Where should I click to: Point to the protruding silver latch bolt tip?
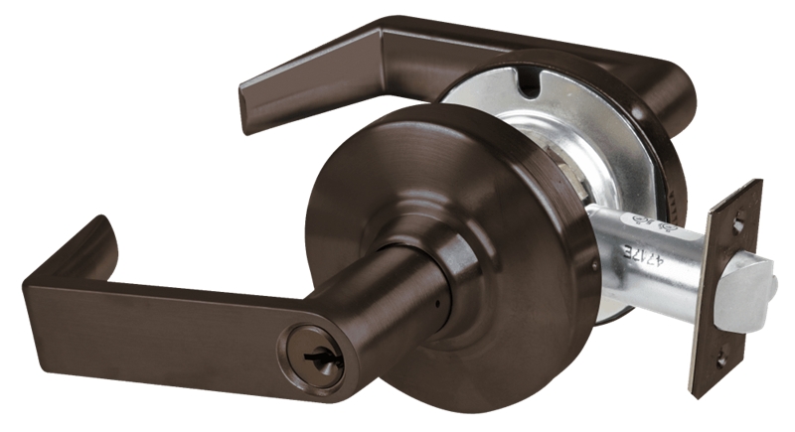click(753, 294)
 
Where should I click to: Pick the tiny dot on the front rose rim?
click(593, 265)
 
